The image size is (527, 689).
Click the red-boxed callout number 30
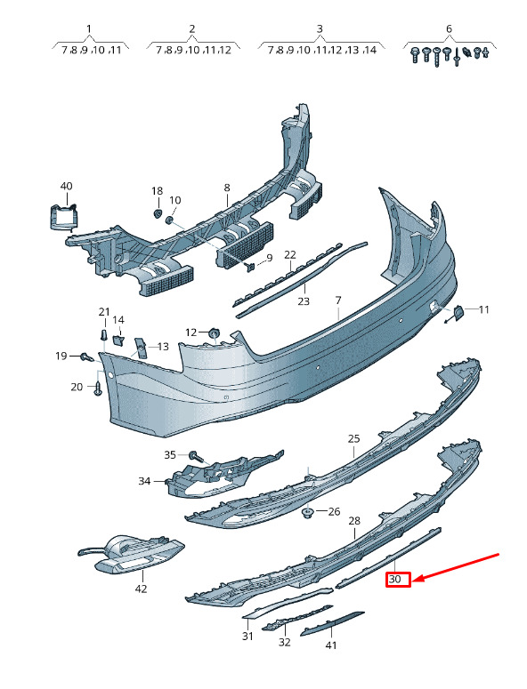tap(395, 579)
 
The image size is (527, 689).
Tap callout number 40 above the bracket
tap(66, 187)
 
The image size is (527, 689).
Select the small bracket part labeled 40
tap(63, 217)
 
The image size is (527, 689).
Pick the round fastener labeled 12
tap(214, 333)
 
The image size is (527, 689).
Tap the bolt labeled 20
tap(98, 389)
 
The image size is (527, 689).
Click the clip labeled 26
tap(308, 512)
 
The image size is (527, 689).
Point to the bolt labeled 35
tap(196, 456)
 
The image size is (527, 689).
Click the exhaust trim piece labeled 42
tap(131, 555)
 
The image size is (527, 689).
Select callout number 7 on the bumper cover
tap(338, 300)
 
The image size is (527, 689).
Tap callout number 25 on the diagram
tap(353, 438)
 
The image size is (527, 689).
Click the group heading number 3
tap(320, 29)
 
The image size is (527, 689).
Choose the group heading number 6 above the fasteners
tap(449, 29)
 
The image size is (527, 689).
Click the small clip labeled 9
tap(252, 267)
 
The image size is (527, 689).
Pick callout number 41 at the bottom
tap(331, 645)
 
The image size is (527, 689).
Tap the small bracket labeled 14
tap(118, 340)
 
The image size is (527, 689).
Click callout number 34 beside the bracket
tap(144, 481)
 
